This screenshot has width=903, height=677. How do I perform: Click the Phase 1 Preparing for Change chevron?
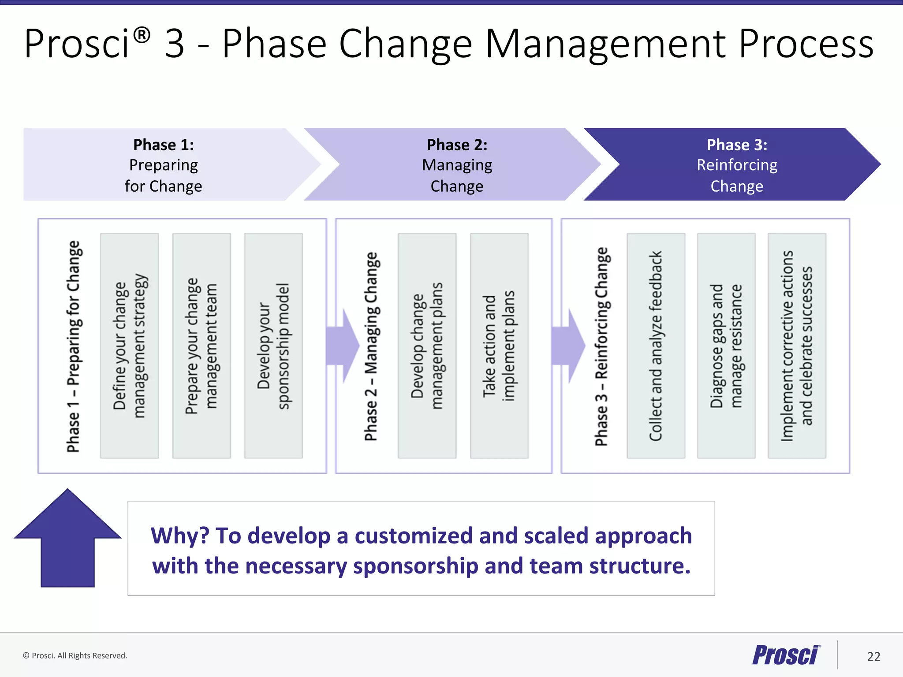click(x=164, y=164)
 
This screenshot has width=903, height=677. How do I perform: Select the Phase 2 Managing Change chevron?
click(x=457, y=164)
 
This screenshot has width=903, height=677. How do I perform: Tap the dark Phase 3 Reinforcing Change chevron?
click(x=737, y=164)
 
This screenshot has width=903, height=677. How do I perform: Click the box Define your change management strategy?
click(x=129, y=346)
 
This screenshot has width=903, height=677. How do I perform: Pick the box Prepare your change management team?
click(x=201, y=346)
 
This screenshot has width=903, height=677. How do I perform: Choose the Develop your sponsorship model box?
click(x=273, y=346)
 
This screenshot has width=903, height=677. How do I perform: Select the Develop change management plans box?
click(x=427, y=346)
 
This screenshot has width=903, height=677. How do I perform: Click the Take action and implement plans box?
click(x=499, y=346)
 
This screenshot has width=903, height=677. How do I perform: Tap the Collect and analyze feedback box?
click(x=656, y=346)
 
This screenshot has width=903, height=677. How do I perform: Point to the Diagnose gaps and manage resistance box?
click(x=726, y=346)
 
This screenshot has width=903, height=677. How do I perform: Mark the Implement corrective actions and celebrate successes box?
click(x=797, y=346)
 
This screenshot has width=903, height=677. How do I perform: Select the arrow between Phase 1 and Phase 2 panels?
click(x=343, y=346)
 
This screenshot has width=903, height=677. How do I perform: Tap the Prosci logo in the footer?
click(x=786, y=655)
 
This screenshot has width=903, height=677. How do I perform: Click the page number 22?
click(x=873, y=657)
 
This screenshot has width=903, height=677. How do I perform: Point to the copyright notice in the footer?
click(x=75, y=655)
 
